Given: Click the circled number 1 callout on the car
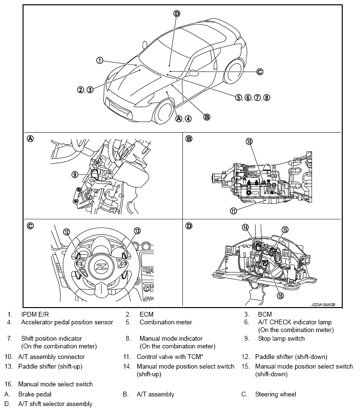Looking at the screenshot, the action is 99,61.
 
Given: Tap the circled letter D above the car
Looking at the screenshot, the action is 177,13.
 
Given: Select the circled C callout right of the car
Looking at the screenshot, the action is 260,72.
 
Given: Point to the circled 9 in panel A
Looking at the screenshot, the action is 75,174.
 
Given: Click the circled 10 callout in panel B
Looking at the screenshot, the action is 249,141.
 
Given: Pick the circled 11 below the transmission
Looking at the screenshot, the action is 233,211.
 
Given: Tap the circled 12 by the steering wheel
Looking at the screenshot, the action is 67,232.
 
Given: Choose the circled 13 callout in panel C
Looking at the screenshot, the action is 137,231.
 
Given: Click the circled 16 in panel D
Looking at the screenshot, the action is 280,296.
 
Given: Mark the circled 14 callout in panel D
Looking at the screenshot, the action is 245,227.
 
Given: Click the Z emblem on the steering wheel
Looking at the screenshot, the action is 101,267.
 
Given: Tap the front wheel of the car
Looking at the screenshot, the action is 163,112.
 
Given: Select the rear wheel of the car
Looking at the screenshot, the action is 234,71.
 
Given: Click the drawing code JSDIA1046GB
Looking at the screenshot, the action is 323,305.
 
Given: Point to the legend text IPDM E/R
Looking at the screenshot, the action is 35,314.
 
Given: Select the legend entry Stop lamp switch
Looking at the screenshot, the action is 281,339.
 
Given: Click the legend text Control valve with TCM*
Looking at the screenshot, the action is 170,357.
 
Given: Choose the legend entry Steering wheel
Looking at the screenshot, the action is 276,394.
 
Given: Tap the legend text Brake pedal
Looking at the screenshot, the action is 35,394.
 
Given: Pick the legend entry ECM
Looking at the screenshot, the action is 146,314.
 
